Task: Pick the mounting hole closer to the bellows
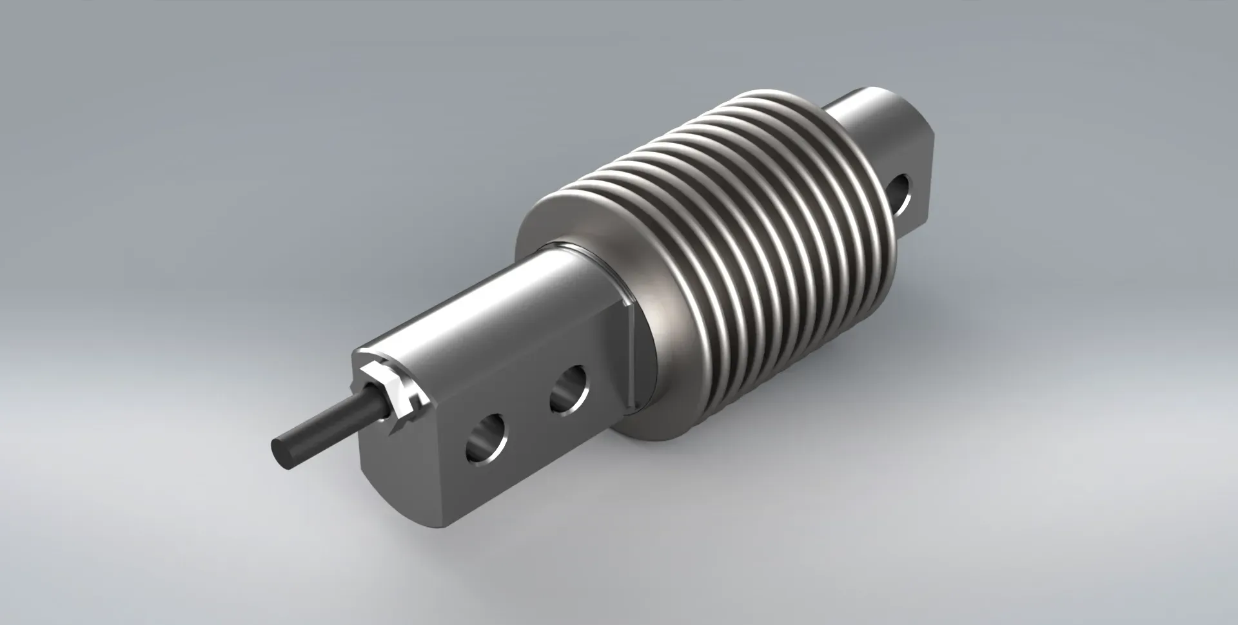coord(569,389)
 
